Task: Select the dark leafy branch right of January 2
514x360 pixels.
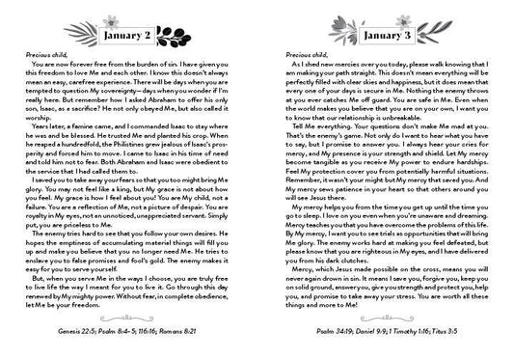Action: coord(186,40)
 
